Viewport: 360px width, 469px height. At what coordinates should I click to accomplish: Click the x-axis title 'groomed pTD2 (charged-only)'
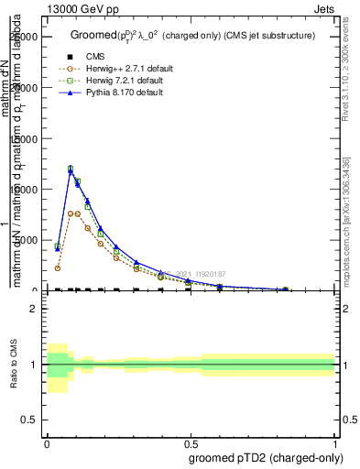click(x=266, y=457)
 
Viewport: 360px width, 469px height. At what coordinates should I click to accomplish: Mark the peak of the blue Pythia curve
click(x=71, y=169)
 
